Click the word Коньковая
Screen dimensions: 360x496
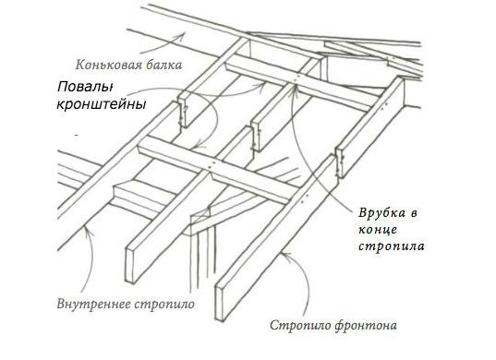click(103, 65)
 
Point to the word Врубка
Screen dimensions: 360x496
click(376, 213)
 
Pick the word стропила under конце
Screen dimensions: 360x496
click(387, 246)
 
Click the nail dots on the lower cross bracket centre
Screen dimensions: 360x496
click(215, 165)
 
